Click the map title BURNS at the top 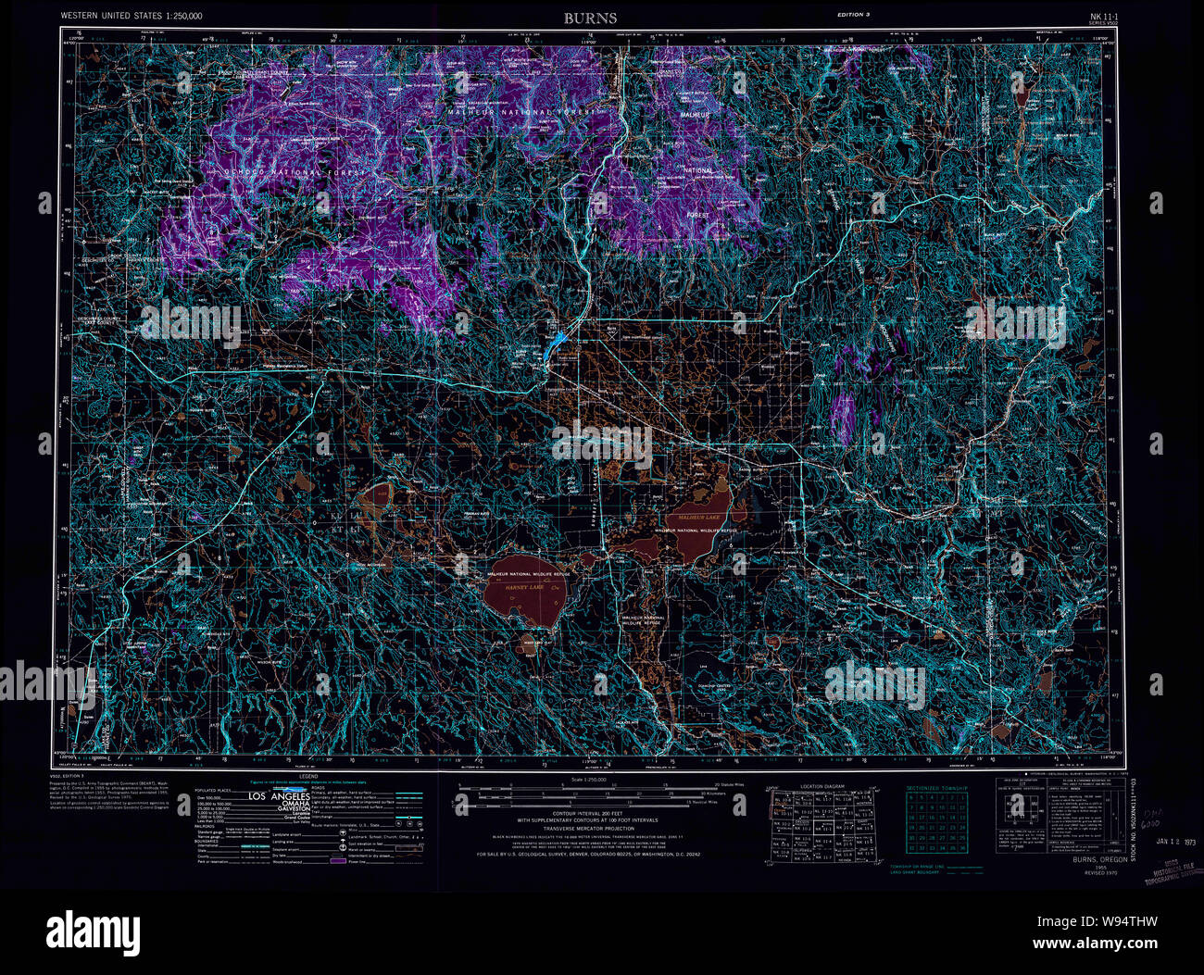590,18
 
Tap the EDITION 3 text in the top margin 854,15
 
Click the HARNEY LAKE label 515,588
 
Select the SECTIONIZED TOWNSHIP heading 936,788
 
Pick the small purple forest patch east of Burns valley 843,417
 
